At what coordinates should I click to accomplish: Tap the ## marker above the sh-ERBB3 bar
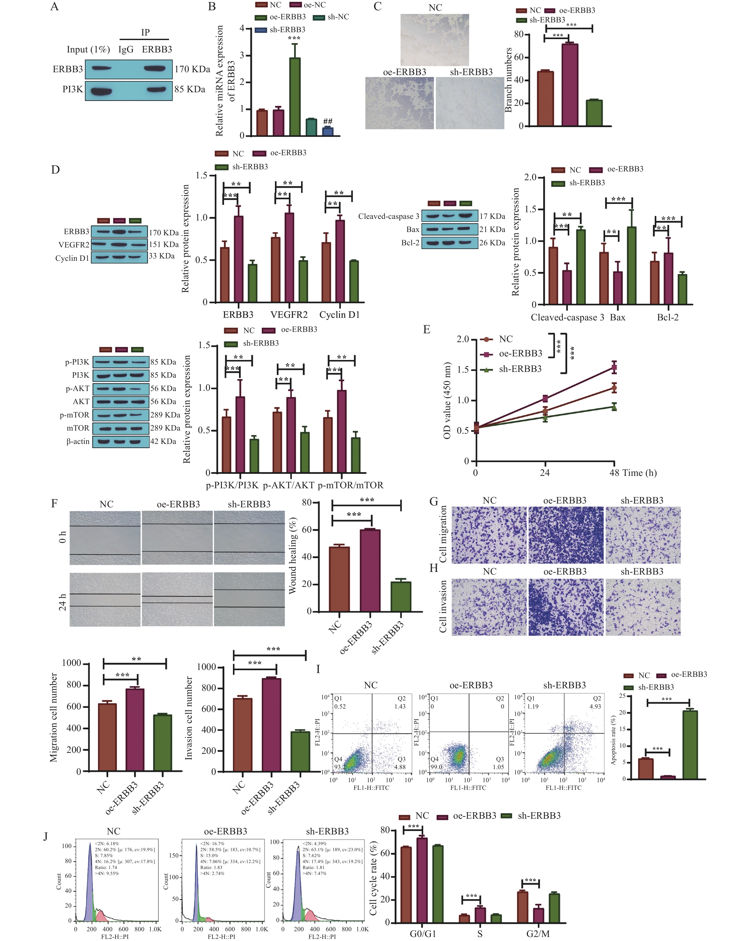tap(328, 121)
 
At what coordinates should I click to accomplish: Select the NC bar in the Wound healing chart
tap(339, 579)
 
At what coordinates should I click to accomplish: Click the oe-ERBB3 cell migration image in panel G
tap(566, 535)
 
